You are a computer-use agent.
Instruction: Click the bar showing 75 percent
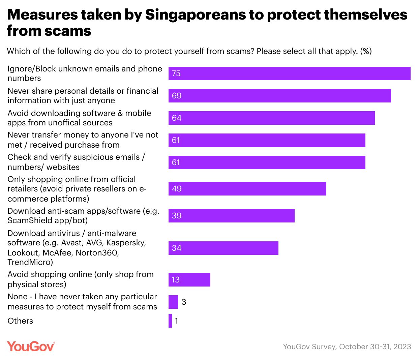[289, 73]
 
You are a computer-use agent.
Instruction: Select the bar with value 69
[280, 96]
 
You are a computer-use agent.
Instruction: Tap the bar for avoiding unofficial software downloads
[272, 118]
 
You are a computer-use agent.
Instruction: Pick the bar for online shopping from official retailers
[247, 189]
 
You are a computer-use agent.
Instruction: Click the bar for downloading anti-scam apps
[232, 216]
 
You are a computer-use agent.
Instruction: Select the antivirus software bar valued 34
[223, 248]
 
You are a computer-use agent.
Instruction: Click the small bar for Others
[170, 321]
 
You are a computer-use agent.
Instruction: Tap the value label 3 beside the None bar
[184, 302]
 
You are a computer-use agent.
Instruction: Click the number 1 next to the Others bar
[176, 321]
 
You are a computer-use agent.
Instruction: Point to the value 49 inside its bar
[177, 189]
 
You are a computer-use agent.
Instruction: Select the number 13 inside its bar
[176, 280]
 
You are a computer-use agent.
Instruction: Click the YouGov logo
[31, 346]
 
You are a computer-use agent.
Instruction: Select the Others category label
[20, 321]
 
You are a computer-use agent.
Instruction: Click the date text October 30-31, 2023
[375, 347]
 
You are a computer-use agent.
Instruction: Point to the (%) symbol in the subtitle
[366, 51]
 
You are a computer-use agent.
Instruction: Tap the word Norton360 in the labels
[97, 253]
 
